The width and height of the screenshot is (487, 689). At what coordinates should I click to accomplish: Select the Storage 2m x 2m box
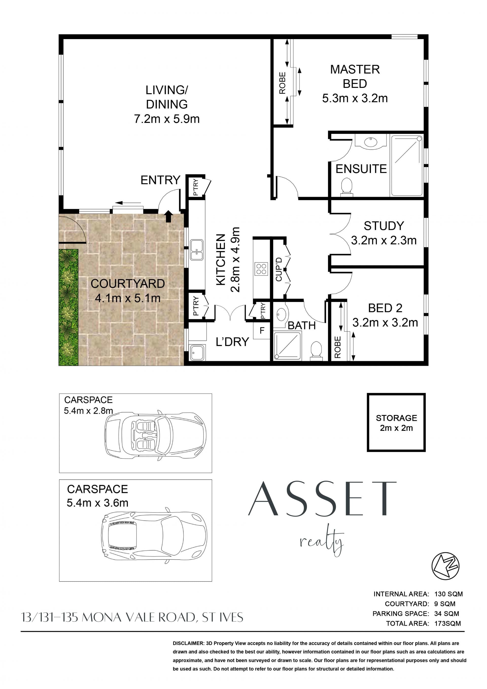396,422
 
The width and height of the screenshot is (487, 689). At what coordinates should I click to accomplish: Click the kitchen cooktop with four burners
261,269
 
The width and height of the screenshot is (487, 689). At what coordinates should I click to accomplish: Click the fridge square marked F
262,331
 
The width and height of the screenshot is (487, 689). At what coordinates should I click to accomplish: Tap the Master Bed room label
355,76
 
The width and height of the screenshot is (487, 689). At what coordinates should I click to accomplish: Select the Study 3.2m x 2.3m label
384,233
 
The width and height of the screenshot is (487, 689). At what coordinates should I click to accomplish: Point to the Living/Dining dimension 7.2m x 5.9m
167,119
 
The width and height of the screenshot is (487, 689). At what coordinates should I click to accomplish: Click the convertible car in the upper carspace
155,436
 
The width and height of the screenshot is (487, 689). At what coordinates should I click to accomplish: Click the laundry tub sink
197,352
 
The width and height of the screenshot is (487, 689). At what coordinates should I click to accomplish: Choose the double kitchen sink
197,250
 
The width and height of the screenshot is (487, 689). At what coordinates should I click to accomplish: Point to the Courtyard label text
128,284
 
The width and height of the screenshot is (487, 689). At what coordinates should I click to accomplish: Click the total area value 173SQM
447,623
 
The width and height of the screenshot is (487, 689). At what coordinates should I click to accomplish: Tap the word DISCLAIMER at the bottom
188,643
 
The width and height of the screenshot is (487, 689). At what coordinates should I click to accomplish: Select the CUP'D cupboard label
279,269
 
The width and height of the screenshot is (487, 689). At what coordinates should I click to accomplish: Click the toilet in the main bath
316,350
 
